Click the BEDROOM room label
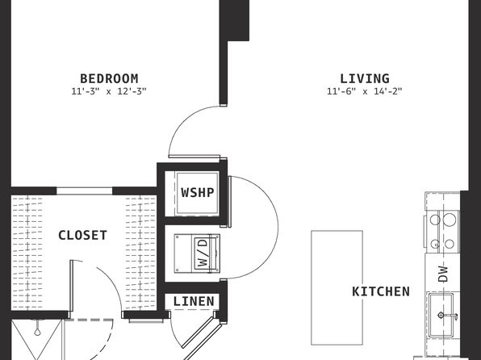[x=109, y=78]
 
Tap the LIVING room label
[x=365, y=78]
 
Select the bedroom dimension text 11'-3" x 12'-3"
[x=109, y=91]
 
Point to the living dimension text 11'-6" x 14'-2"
[x=365, y=91]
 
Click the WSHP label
[x=197, y=193]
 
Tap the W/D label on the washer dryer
[x=203, y=253]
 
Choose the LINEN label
[x=194, y=301]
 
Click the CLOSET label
[x=82, y=236]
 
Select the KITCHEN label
[x=381, y=291]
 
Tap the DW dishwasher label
[x=443, y=274]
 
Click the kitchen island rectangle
[x=337, y=288]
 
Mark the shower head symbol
[x=37, y=329]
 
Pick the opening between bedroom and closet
[x=85, y=190]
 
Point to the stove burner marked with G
[x=435, y=245]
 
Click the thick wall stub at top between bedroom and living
[x=234, y=20]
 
